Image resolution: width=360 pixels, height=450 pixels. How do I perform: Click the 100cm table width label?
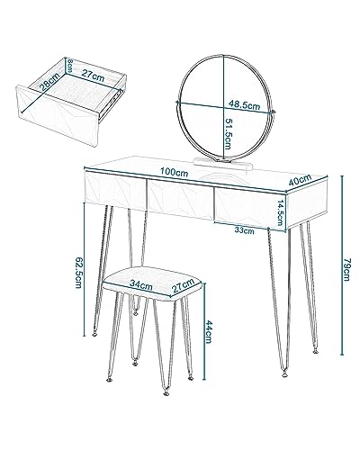[174, 173]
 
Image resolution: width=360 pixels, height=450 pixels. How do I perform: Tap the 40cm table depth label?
[300, 180]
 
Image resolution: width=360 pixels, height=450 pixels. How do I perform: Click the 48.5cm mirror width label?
[244, 104]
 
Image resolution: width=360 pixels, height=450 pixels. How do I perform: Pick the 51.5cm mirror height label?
[229, 133]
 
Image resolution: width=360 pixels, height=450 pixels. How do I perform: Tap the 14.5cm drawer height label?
[280, 212]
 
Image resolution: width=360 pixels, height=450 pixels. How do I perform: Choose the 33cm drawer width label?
[244, 230]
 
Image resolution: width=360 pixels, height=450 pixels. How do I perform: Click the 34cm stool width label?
[140, 284]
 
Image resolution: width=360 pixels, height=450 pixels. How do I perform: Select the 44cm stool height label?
[209, 332]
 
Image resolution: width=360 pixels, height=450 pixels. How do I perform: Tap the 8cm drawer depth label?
[69, 65]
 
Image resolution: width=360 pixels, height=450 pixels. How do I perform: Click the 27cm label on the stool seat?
[183, 286]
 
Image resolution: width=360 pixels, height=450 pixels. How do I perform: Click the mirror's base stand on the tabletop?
[222, 164]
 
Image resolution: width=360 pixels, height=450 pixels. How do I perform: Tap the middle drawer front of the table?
[180, 198]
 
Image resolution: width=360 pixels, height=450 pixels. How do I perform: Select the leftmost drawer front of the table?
[116, 190]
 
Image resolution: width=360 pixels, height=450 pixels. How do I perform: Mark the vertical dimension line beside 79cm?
[342, 265]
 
